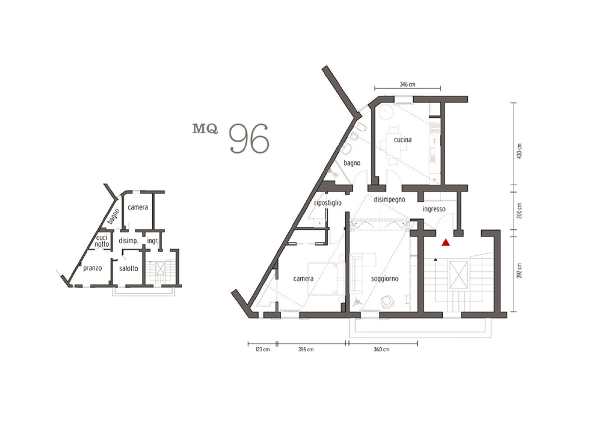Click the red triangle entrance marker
[446, 242]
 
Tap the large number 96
[249, 139]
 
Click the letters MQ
[205, 129]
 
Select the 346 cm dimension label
[407, 84]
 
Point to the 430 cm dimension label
[519, 151]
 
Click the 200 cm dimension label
[519, 210]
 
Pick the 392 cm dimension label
[519, 271]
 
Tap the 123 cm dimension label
[262, 349]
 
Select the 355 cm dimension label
[306, 349]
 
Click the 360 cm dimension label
[381, 349]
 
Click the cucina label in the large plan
[403, 140]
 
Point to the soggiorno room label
[385, 279]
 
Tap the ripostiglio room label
[328, 203]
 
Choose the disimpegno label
[389, 200]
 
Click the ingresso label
[433, 209]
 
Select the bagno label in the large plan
[352, 163]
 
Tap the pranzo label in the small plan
[92, 268]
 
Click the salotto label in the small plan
[128, 268]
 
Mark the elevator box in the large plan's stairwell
[458, 275]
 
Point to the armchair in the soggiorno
[387, 301]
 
